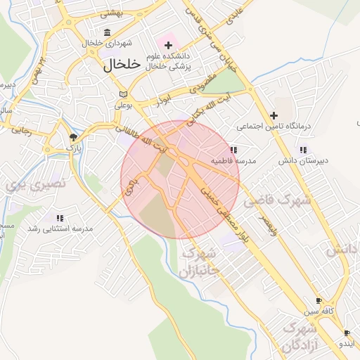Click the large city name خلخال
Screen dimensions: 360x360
123,66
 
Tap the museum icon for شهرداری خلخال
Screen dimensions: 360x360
107,32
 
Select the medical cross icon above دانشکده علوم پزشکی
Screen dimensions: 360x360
168,45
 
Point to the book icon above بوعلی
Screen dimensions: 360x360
123,94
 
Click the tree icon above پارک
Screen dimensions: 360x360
73,137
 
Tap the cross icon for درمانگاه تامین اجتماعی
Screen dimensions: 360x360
274,115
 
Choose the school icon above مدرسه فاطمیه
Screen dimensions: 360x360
233,150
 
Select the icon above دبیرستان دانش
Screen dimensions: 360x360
303,150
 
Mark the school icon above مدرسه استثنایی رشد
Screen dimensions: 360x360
60,218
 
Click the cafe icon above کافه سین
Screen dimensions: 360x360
319,300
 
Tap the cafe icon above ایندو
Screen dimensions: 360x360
347,333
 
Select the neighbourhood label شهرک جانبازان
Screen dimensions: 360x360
200,262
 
